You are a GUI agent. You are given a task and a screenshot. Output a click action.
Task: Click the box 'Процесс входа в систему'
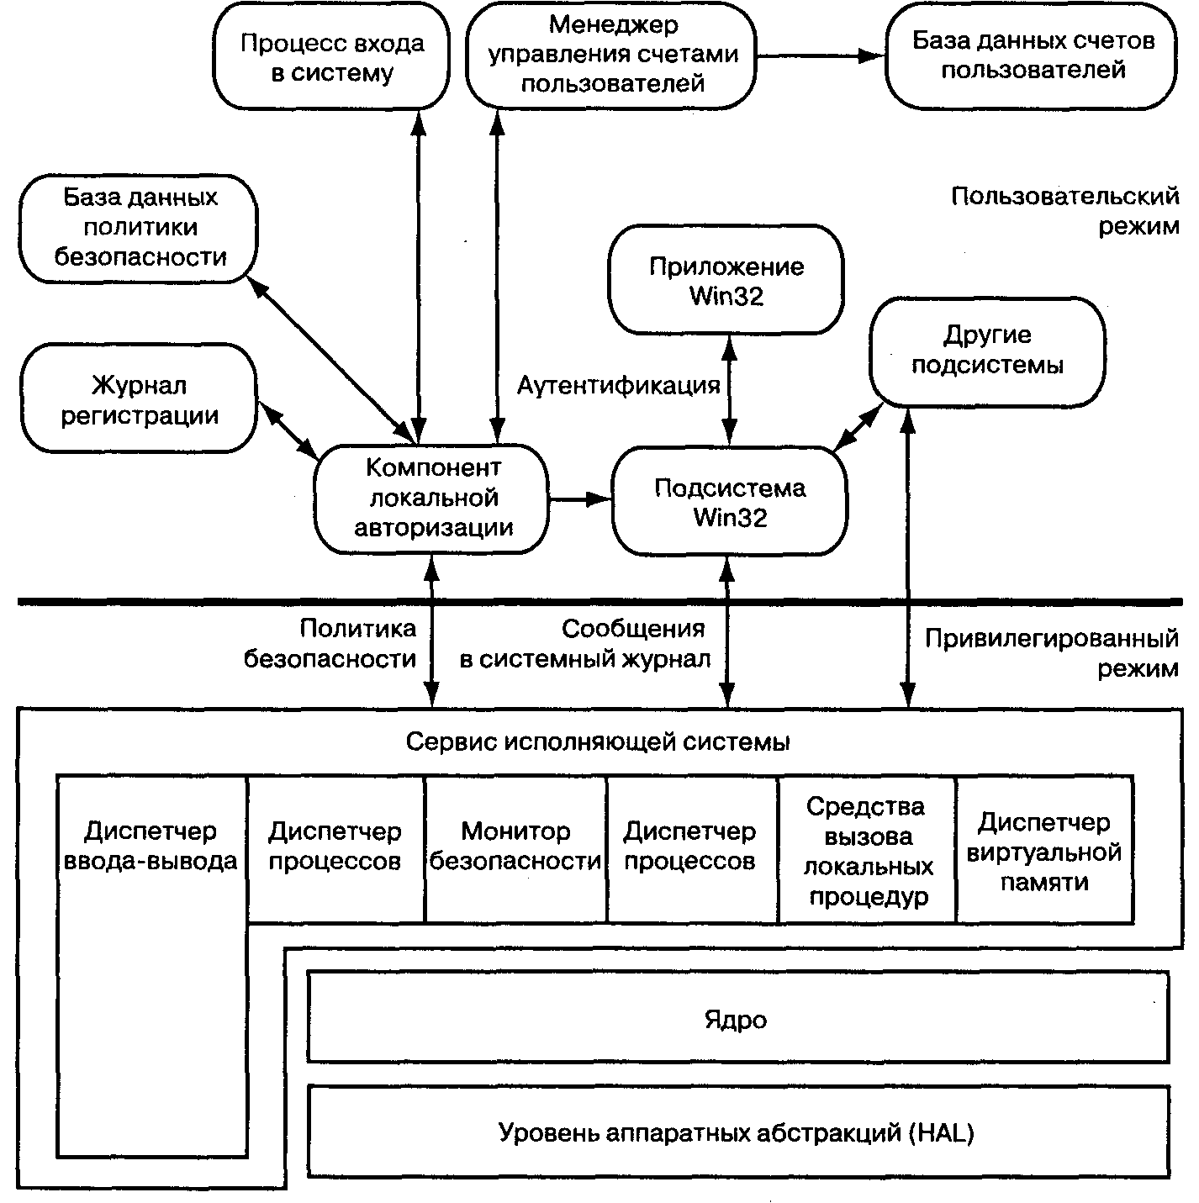(331, 56)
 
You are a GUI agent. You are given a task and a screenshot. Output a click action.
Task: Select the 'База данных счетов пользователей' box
(1031, 56)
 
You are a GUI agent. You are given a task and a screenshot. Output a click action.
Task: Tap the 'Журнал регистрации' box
(139, 398)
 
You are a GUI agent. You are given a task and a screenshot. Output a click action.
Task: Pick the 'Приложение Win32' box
(726, 280)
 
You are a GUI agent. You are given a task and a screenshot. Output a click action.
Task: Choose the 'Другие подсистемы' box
(987, 352)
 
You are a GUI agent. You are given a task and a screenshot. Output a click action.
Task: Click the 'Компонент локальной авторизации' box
(431, 499)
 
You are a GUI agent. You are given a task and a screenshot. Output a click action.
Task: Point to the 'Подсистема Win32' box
(729, 501)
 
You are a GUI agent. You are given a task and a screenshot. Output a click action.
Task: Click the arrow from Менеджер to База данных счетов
(821, 56)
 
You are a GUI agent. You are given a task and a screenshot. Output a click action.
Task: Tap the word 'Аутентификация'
(618, 385)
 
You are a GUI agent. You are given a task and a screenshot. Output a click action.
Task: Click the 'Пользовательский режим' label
(1065, 211)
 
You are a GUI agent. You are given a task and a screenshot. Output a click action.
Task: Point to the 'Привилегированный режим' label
(1052, 653)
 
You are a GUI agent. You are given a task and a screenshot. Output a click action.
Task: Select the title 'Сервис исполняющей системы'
(598, 741)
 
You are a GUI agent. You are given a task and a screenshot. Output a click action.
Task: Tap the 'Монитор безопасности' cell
(515, 849)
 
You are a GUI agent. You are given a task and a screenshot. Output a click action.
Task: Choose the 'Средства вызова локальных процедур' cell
(868, 849)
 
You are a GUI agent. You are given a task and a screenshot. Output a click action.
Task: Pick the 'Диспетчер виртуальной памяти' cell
(1045, 849)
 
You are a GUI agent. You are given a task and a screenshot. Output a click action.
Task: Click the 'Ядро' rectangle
(737, 1017)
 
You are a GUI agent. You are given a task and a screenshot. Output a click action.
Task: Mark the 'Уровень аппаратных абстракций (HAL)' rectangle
(737, 1132)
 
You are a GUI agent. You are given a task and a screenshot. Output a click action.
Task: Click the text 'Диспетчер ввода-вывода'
(151, 846)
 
